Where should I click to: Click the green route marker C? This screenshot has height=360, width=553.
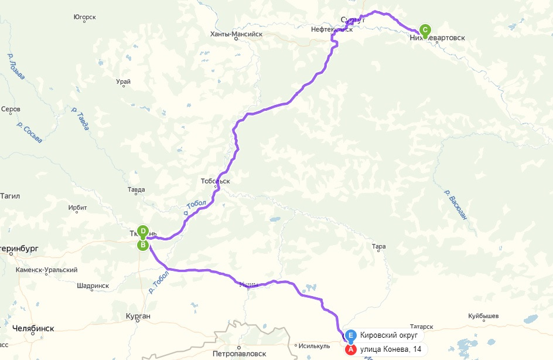pyautogui.click(x=425, y=30)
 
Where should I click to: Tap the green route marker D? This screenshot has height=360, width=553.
pyautogui.click(x=142, y=231)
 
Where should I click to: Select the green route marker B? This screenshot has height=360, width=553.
pyautogui.click(x=142, y=245)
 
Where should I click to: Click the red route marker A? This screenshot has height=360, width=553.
pyautogui.click(x=350, y=349)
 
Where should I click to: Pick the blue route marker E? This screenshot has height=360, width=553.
pyautogui.click(x=350, y=336)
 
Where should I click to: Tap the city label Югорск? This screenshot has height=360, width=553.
pyautogui.click(x=85, y=17)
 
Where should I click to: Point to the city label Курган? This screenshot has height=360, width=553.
pyautogui.click(x=138, y=317)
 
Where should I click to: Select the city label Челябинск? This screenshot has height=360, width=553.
pyautogui.click(x=33, y=328)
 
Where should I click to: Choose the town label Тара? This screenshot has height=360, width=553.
pyautogui.click(x=378, y=246)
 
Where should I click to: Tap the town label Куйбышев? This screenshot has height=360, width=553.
pyautogui.click(x=483, y=316)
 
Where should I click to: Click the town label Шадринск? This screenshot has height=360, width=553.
pyautogui.click(x=93, y=286)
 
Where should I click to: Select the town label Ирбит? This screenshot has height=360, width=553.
pyautogui.click(x=77, y=208)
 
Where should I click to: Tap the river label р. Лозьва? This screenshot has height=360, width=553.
pyautogui.click(x=16, y=67)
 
